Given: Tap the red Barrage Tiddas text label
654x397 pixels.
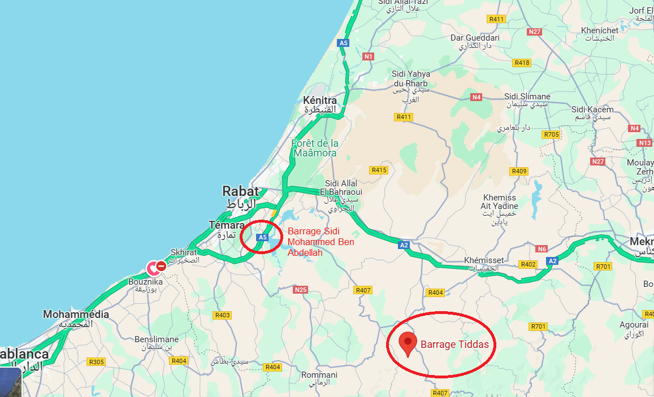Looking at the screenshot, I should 454,344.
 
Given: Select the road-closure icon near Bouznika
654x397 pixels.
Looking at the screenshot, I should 161,265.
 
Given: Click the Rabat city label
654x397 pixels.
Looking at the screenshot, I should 240,191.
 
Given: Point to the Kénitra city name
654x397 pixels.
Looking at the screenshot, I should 320,100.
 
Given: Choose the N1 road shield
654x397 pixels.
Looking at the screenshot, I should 369,56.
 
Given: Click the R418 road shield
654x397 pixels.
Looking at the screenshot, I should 522,63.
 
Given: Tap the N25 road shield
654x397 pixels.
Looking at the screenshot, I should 300,290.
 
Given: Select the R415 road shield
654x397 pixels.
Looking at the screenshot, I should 379,170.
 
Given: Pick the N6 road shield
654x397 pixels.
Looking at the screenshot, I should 542,249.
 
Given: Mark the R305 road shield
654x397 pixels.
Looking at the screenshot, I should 97,362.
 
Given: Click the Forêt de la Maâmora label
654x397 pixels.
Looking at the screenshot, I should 315,148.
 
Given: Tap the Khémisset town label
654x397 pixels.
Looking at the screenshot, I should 479,260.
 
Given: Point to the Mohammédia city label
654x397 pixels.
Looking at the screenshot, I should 76,314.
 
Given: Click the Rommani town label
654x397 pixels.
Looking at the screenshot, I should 319,375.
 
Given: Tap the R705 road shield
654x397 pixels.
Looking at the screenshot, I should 551,134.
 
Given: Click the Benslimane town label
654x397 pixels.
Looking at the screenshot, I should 157,339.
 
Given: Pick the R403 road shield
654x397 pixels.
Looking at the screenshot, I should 223,315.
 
